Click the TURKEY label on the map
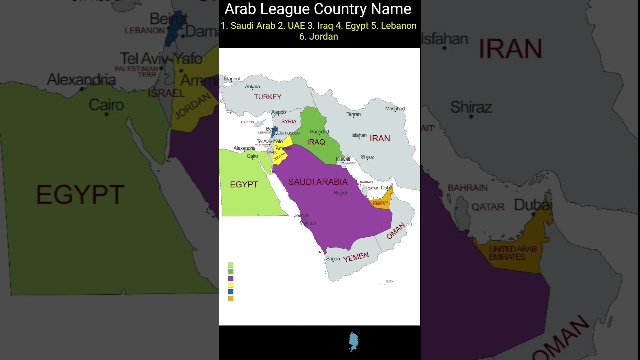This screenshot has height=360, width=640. click(x=268, y=97)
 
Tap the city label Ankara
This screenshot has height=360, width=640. click(x=252, y=87)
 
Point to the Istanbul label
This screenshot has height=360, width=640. click(x=232, y=79)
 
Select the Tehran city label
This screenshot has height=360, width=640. click(x=353, y=114)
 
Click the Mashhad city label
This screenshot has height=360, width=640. click(x=395, y=109)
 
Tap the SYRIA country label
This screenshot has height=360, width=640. click(x=289, y=122)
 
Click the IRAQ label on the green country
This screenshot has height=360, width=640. click(x=316, y=142)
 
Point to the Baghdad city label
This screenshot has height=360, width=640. click(x=320, y=132)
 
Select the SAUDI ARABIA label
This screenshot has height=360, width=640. click(x=318, y=182)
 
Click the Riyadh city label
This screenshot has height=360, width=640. click(x=341, y=193)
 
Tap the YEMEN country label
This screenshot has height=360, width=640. click(x=356, y=257)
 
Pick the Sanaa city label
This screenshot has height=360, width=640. click(x=333, y=259)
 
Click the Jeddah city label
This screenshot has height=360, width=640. click(x=302, y=216)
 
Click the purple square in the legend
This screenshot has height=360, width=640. click(x=231, y=278)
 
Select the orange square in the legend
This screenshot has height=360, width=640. click(x=231, y=298)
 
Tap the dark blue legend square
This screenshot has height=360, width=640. click(x=231, y=292)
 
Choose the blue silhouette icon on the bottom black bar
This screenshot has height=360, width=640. click(x=353, y=342)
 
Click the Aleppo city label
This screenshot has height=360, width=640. click(x=278, y=112)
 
